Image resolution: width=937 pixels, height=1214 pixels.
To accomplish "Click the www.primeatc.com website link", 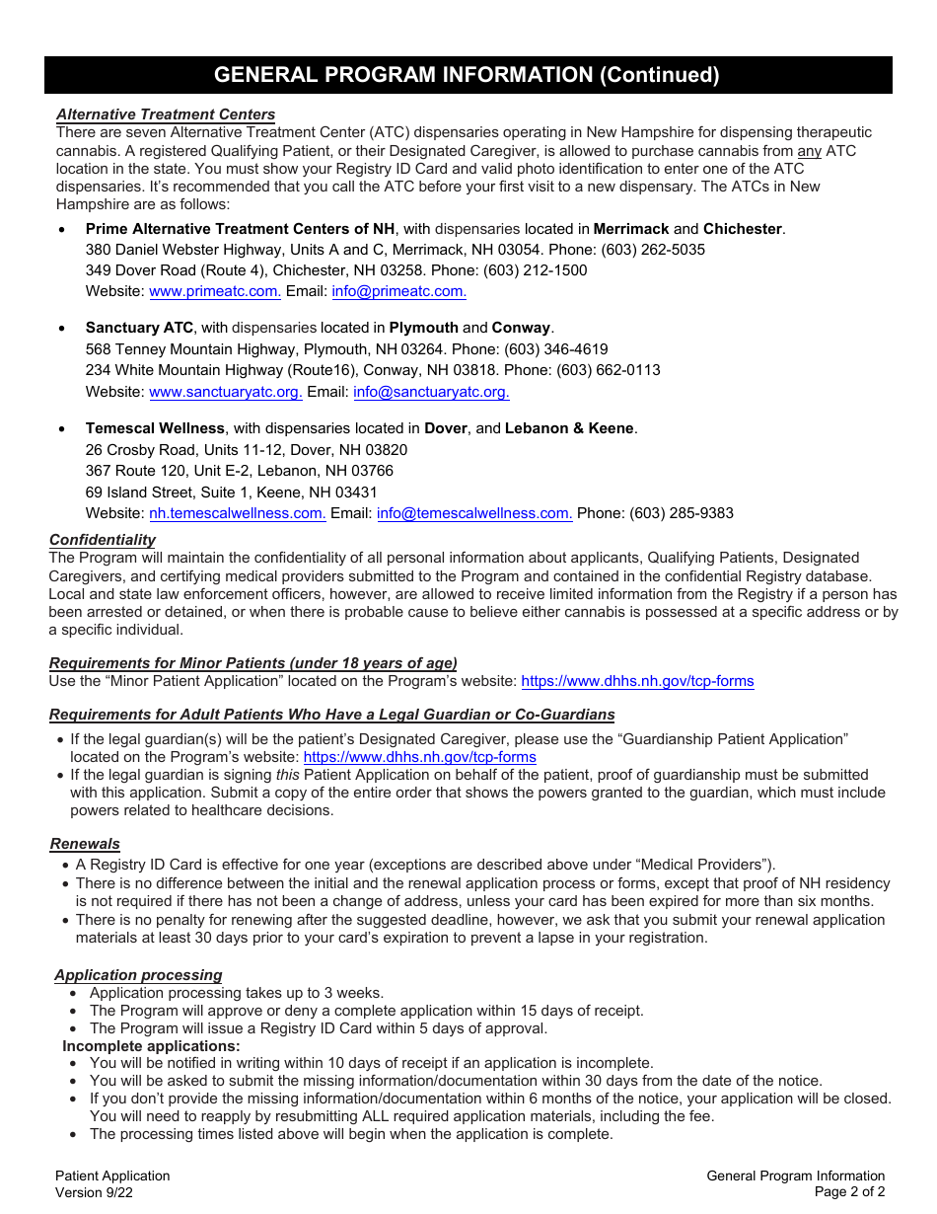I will coord(214,291).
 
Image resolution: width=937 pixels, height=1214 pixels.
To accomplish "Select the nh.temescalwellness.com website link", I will coord(237,513).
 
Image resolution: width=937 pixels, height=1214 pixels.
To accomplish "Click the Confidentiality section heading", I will coord(103,540).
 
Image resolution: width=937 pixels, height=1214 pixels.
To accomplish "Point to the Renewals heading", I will coord(85,844).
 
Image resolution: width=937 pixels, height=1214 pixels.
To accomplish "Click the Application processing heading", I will coord(138,975).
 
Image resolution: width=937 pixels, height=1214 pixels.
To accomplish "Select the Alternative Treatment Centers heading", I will coord(166,114).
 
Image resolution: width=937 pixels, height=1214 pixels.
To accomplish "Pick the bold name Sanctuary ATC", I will coord(139,328).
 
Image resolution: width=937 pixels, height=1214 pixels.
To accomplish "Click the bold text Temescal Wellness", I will coord(155,428).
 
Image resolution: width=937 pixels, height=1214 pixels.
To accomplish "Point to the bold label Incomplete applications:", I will coord(151,1046).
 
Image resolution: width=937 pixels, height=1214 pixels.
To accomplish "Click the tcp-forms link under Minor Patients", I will coord(637,681).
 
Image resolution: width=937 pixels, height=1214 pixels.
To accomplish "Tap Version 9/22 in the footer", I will coord(94,1192).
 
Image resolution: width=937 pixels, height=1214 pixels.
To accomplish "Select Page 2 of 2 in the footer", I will coord(849,1192).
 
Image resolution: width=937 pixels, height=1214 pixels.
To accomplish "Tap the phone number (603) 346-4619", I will coord(556,349).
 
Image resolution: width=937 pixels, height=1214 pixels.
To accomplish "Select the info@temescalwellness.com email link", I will coord(474,513).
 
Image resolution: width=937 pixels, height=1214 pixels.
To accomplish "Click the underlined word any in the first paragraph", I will coord(809,151).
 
